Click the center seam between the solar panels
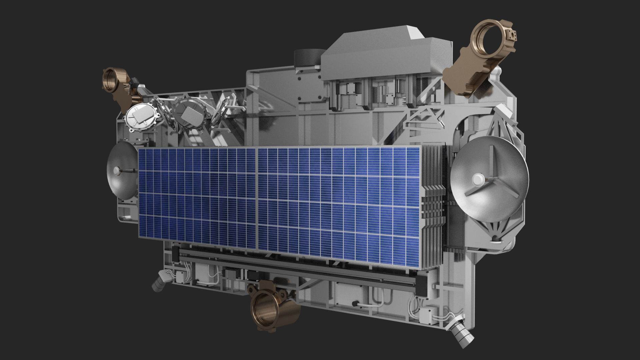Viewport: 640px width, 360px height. [x=257, y=198]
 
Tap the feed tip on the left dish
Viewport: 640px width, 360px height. [x=117, y=171]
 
